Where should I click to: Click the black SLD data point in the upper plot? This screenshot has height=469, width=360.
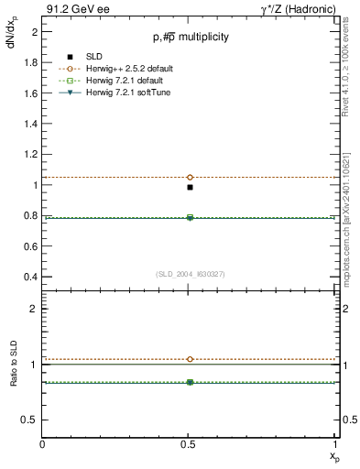coord(190,187)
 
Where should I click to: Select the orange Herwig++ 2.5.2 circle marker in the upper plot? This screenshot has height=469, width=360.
coord(190,177)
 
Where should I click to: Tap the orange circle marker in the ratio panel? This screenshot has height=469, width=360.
coord(190,359)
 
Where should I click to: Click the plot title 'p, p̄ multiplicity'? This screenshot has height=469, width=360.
coord(191,38)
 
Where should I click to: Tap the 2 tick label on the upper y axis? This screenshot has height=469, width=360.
coord(35,31)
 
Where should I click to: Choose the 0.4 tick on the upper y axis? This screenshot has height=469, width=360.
coord(31,277)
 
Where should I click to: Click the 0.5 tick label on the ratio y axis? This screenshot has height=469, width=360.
coord(31,420)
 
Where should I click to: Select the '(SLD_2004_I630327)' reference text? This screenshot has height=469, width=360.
coord(190,273)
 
